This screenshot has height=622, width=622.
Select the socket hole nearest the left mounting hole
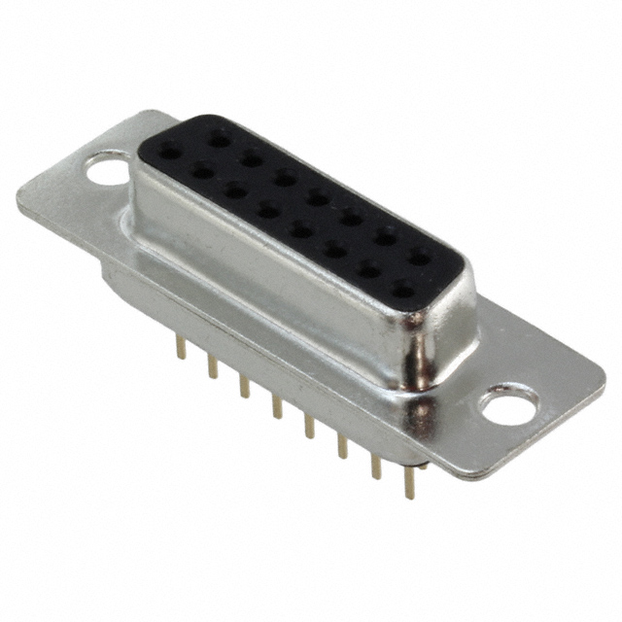click(170, 151)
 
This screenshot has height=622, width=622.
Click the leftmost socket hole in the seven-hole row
click(220, 140)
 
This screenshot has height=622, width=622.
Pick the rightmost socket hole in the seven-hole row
click(420, 258)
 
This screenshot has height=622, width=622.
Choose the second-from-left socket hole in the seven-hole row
click(252, 158)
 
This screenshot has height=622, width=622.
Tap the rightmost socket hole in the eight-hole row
click(402, 288)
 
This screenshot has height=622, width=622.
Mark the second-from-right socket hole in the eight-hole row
click(369, 268)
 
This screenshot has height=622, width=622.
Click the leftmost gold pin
click(179, 347)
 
